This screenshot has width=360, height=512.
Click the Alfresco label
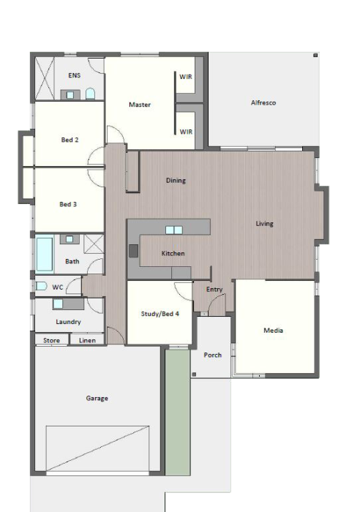click(263, 102)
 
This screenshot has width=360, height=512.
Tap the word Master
click(140, 105)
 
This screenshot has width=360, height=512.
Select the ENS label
click(74, 75)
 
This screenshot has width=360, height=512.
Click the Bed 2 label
click(70, 140)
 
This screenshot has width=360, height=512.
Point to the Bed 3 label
click(68, 204)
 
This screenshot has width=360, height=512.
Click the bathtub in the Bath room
click(45, 254)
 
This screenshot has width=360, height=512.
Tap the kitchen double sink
click(174, 230)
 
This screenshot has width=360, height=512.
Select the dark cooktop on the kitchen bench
click(133, 251)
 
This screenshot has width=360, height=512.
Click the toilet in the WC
click(41, 287)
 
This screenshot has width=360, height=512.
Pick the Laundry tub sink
click(58, 304)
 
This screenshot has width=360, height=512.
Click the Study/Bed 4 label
click(160, 314)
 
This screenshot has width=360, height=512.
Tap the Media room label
click(273, 331)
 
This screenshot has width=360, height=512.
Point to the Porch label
click(213, 355)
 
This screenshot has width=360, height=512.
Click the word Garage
click(97, 399)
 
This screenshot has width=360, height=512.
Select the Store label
click(52, 340)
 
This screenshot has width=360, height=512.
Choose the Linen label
click(87, 340)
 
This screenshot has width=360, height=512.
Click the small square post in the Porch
click(194, 374)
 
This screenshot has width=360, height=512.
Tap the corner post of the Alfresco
click(315, 55)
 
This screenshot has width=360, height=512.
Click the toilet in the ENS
click(90, 94)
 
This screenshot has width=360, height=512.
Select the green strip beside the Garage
click(177, 413)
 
